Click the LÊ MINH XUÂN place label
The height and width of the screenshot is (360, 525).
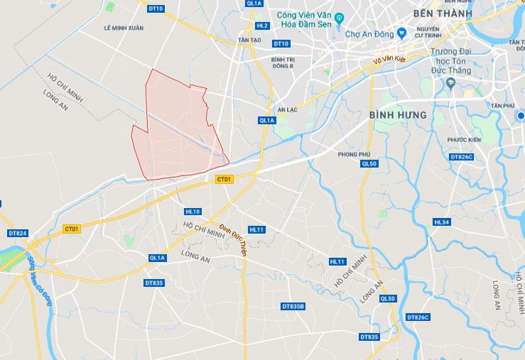124,28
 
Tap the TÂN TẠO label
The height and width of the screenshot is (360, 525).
249,40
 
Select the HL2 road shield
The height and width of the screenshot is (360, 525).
263,25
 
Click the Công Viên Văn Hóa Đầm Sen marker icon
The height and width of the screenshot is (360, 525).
340,17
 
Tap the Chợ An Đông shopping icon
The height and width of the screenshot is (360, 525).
401,33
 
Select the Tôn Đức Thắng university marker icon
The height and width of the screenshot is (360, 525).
450,84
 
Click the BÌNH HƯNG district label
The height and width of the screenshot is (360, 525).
398,114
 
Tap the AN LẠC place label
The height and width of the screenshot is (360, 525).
286,109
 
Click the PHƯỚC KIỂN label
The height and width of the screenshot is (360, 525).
464,140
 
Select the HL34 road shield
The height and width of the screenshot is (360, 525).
441,222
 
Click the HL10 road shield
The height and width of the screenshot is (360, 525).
193,212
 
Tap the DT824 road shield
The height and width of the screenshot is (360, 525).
17,233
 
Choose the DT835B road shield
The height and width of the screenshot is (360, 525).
293,306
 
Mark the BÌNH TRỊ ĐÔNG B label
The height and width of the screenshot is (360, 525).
282,62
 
